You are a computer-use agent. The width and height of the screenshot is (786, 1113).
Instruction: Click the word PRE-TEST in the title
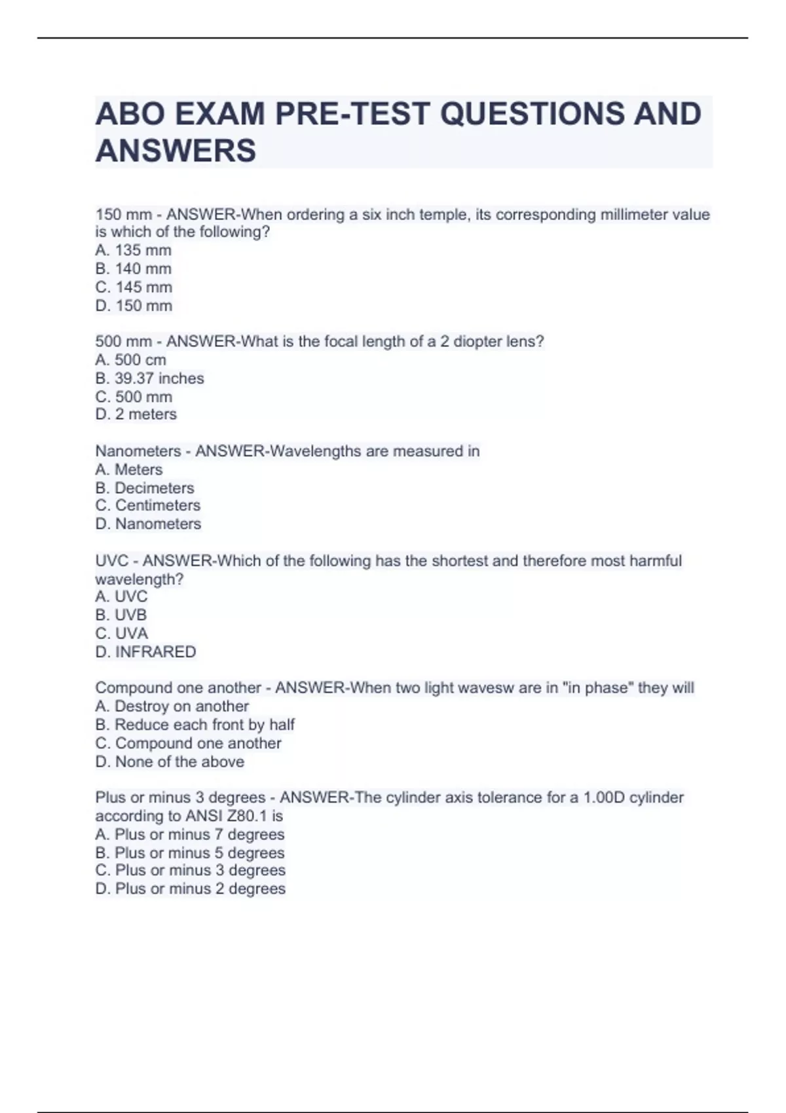tap(353, 114)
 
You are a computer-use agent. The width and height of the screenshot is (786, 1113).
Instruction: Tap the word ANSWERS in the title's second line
tap(176, 151)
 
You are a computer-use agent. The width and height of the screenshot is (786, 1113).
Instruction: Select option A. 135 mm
tap(133, 250)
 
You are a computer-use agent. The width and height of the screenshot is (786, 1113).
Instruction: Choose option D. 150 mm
tap(134, 306)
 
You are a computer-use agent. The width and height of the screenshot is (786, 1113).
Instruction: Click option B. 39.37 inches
tap(149, 378)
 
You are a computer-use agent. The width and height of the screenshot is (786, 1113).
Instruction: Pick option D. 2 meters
tap(136, 414)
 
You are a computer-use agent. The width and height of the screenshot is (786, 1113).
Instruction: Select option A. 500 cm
tap(130, 360)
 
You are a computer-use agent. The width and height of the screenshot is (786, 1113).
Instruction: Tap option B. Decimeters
tap(144, 488)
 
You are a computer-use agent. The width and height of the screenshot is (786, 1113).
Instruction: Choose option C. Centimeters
tap(147, 505)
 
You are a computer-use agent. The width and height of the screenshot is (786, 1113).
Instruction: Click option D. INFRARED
tap(145, 652)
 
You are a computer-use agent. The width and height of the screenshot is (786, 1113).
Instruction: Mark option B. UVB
tap(121, 615)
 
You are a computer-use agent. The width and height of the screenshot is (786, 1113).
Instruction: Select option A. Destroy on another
tap(172, 706)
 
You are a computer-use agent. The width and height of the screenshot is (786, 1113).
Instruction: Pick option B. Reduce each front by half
tap(195, 725)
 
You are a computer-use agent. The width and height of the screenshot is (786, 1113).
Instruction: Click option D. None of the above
tap(170, 762)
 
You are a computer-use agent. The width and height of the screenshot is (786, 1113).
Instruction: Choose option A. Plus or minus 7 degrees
tap(190, 835)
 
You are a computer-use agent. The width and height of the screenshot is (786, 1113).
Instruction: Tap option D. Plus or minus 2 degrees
tap(190, 889)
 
